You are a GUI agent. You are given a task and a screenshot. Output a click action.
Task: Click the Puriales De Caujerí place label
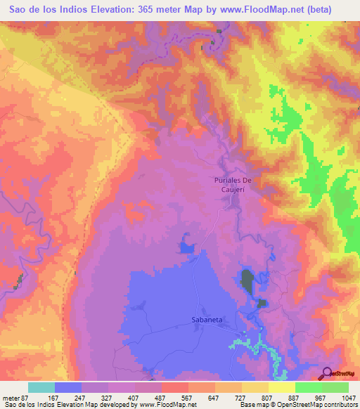(x=233, y=185)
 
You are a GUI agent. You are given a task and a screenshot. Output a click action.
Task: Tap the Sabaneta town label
(x=207, y=319)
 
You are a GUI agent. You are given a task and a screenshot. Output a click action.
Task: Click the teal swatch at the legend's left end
(x=41, y=387)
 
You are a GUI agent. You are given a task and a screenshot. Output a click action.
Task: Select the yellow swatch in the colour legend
(x=281, y=387)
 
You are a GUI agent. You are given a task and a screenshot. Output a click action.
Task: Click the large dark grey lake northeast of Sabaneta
(x=247, y=282)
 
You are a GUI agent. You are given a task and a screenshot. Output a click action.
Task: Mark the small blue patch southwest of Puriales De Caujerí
(x=187, y=247)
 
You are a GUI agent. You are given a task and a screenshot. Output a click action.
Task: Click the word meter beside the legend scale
(x=12, y=397)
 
